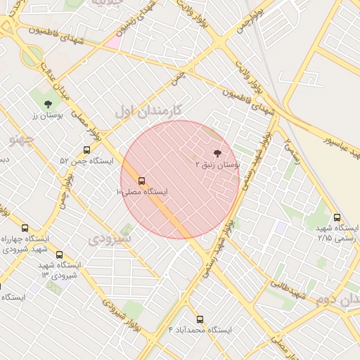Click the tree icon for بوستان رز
click(x=48, y=104)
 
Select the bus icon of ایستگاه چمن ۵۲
click(x=86, y=150)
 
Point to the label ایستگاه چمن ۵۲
click(x=86, y=161)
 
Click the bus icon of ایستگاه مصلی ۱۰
click(x=142, y=181)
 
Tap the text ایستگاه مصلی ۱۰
click(x=141, y=191)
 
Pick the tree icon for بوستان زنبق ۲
click(x=216, y=153)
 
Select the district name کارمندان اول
click(x=148, y=110)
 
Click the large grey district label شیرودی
click(x=110, y=239)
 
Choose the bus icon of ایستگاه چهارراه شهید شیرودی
click(x=25, y=228)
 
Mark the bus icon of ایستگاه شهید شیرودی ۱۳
click(x=59, y=255)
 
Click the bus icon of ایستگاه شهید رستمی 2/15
click(x=337, y=218)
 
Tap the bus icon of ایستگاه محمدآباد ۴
click(x=200, y=319)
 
